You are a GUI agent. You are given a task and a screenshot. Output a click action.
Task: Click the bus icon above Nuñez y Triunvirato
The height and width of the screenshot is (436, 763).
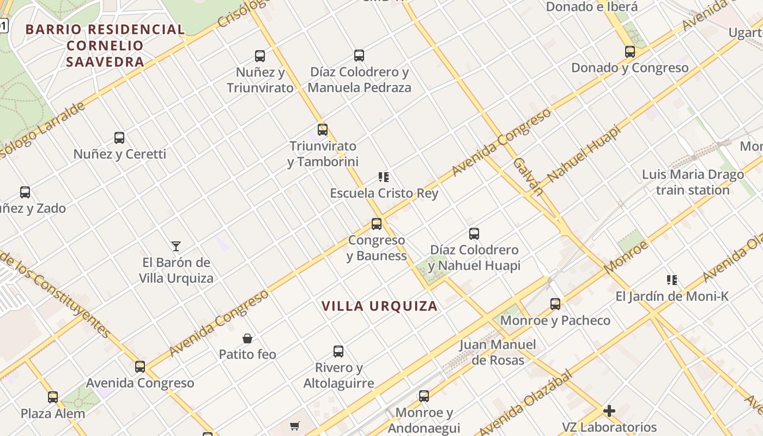point(260,56)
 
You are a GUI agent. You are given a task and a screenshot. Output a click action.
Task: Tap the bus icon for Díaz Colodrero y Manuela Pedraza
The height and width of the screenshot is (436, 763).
point(359,55)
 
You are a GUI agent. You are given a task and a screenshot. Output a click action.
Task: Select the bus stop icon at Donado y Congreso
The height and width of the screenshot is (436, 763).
point(630,52)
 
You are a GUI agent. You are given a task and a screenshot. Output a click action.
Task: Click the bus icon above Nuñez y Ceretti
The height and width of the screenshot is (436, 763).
point(119,138)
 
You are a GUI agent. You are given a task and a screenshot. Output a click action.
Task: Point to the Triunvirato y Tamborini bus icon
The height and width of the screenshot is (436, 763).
point(323,130)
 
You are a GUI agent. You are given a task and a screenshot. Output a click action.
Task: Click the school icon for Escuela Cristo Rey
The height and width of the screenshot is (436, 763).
point(384,177)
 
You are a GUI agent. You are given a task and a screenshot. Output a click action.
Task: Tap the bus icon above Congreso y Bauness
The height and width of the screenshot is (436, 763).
point(377,223)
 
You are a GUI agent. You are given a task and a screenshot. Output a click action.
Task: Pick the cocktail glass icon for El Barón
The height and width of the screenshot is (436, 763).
point(176,246)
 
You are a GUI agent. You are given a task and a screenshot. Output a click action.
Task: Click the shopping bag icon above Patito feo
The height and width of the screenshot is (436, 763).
point(247,338)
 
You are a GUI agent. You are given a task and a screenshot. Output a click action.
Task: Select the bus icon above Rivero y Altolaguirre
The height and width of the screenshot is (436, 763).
point(338,352)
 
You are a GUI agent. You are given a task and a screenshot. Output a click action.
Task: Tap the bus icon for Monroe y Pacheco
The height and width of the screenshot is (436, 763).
point(555,304)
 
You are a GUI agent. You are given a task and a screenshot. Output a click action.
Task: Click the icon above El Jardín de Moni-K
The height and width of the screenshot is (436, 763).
point(672,280)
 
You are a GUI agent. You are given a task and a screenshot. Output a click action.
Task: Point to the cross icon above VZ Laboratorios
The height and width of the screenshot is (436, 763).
point(609,411)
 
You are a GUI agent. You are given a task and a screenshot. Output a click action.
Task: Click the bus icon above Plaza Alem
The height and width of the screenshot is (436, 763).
point(53,397)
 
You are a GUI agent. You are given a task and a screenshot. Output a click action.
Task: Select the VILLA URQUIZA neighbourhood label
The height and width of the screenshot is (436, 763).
point(380,306)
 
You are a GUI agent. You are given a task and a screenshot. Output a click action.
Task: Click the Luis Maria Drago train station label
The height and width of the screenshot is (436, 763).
point(693,183)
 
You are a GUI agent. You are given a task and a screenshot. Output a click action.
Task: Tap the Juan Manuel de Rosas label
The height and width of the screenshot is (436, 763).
point(498,352)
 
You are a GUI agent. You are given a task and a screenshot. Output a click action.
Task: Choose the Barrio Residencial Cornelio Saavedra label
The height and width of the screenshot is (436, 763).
point(105,46)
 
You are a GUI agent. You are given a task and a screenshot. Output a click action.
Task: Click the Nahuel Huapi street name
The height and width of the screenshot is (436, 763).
point(584,154)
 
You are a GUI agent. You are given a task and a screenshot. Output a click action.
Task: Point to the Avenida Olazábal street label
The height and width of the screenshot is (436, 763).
point(525,403)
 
